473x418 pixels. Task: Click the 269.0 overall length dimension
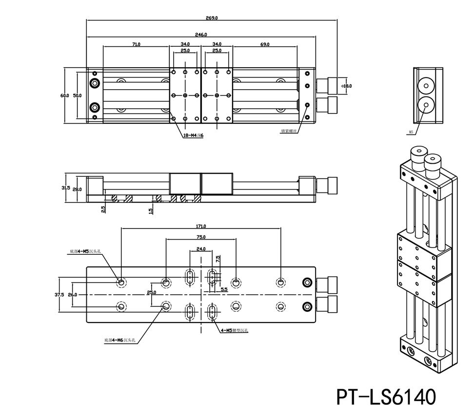pyautogui.click(x=212, y=18)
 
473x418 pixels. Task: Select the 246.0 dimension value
pyautogui.click(x=201, y=35)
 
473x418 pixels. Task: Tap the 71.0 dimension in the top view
pyautogui.click(x=136, y=44)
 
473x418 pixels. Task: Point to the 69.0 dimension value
pyautogui.click(x=265, y=44)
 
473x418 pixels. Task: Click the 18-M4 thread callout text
pyautogui.click(x=193, y=136)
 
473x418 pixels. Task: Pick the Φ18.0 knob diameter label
pyautogui.click(x=347, y=86)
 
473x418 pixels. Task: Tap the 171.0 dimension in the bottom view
pyautogui.click(x=200, y=226)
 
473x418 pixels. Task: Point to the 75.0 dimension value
pyautogui.click(x=200, y=237)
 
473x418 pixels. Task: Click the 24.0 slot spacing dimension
pyautogui.click(x=200, y=248)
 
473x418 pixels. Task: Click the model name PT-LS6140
pyautogui.click(x=385, y=397)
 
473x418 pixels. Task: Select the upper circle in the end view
pyautogui.click(x=426, y=86)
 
